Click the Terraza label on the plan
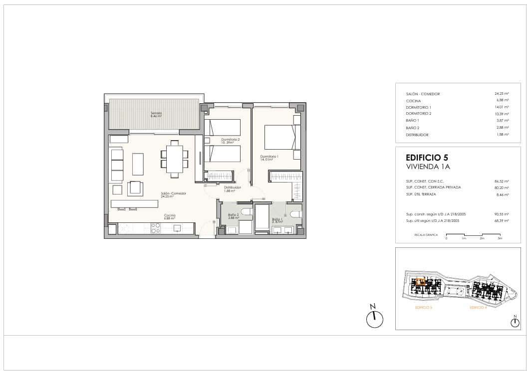157,114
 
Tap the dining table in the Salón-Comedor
174,158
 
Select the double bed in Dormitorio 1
279,137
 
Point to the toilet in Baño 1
294,214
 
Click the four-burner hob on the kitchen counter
156,228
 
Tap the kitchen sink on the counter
177,228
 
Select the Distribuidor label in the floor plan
232,188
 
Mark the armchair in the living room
135,188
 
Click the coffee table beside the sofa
138,164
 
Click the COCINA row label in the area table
414,101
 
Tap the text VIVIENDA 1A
428,167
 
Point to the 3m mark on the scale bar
500,239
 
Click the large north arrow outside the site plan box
374,319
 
